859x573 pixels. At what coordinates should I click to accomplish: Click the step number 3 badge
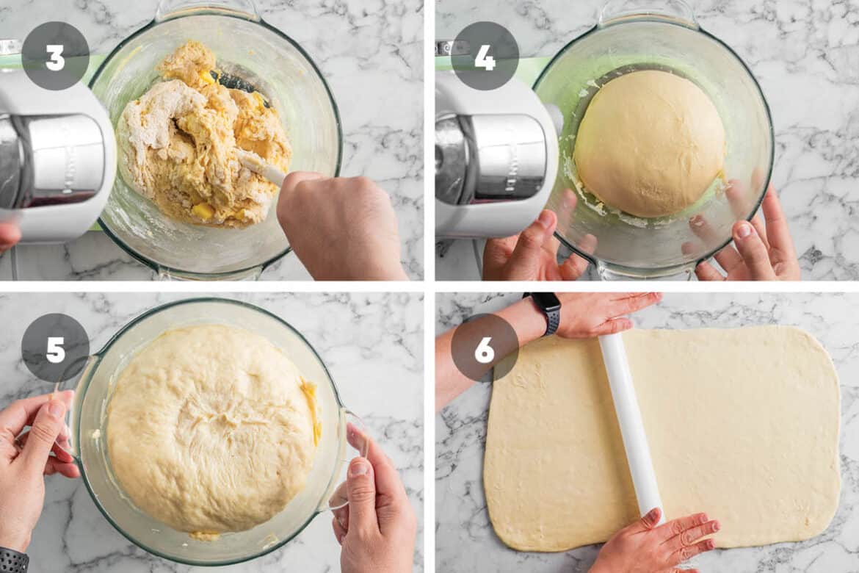tap(55, 56)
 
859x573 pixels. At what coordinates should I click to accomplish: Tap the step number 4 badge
tap(485, 56)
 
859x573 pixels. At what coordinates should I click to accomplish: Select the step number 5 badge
tap(55, 347)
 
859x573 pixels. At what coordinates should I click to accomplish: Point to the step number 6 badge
tap(485, 347)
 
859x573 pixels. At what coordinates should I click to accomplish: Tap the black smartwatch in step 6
tap(545, 311)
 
